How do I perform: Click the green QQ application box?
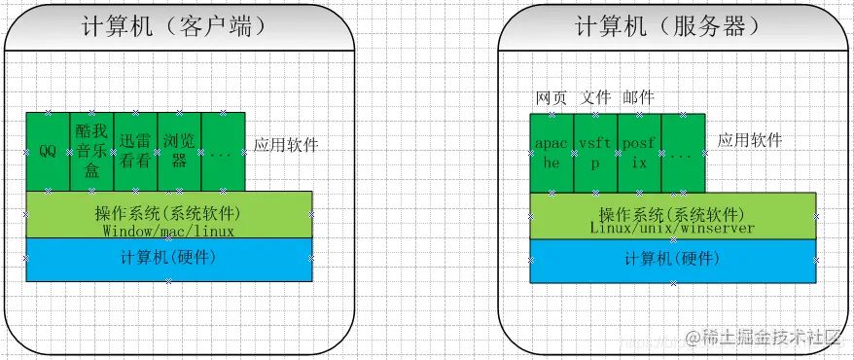[x=48, y=152]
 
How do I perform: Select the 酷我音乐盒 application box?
[x=91, y=152]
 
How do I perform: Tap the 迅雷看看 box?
[x=135, y=152]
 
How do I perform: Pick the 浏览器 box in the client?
[x=179, y=152]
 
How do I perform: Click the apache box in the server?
[x=552, y=153]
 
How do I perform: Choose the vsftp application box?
[x=595, y=153]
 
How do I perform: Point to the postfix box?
[x=639, y=153]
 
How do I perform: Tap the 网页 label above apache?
[x=551, y=97]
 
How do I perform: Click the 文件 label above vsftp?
[x=595, y=97]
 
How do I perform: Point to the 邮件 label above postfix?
[x=639, y=97]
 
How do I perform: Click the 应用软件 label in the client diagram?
[x=286, y=145]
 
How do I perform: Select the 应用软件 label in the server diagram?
[x=750, y=140]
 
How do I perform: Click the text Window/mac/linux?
[x=168, y=232]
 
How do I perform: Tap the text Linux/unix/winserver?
[x=672, y=228]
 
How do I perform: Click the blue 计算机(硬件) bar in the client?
[x=168, y=259]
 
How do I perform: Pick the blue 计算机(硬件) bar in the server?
[x=672, y=261]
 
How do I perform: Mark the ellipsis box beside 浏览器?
[x=223, y=152]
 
